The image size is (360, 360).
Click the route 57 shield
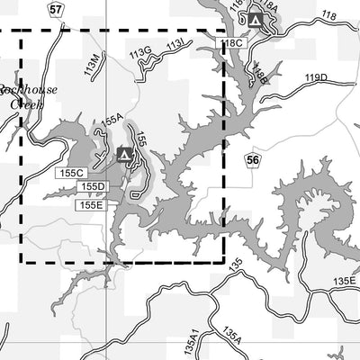[57, 9]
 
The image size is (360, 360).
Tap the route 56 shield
[253, 159]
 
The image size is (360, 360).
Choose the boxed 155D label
[93, 186]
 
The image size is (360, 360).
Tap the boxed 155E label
[91, 204]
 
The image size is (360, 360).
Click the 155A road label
[112, 120]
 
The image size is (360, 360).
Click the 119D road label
[316, 78]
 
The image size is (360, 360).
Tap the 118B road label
[260, 75]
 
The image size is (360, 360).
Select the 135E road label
[344, 282]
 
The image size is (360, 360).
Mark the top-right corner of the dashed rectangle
[223, 31]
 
